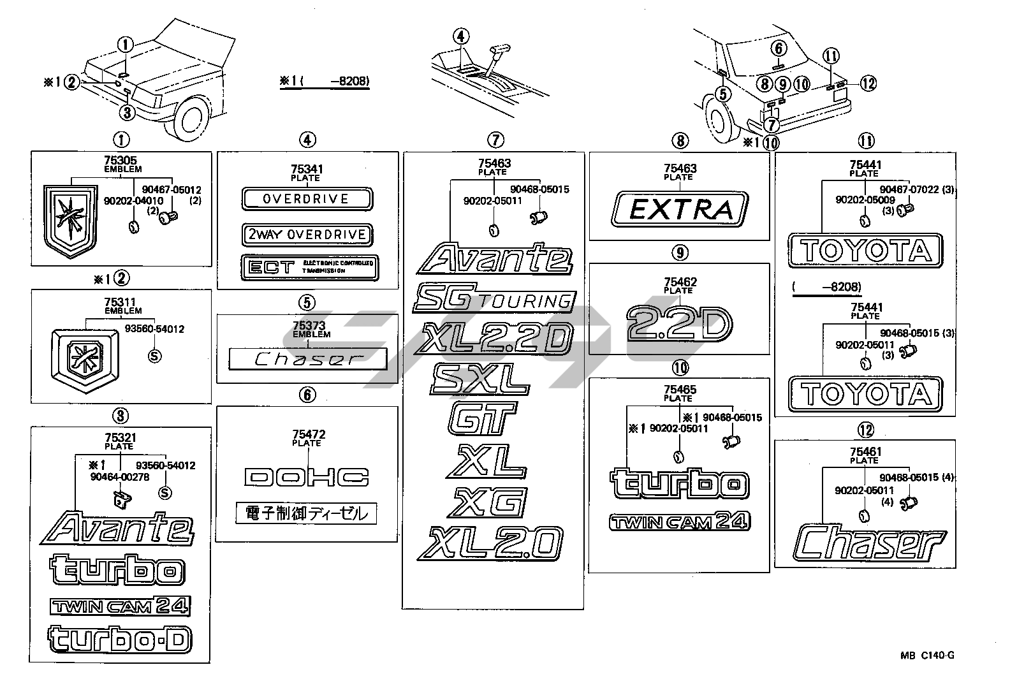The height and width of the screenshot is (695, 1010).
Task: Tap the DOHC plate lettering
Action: click(307, 476)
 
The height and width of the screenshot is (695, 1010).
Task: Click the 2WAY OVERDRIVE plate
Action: click(307, 235)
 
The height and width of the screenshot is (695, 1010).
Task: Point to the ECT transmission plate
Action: click(309, 267)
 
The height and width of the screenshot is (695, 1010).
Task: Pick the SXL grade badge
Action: click(480, 379)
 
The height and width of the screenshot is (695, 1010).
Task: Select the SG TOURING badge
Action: click(494, 300)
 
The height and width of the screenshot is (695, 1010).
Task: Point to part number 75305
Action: click(121, 161)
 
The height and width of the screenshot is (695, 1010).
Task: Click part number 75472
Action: click(307, 435)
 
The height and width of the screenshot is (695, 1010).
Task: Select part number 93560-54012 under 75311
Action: click(154, 330)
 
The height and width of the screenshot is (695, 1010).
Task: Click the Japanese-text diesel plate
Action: click(306, 513)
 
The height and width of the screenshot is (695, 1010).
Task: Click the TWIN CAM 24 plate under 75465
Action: click(679, 522)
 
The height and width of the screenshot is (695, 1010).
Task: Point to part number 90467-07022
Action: click(911, 189)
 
